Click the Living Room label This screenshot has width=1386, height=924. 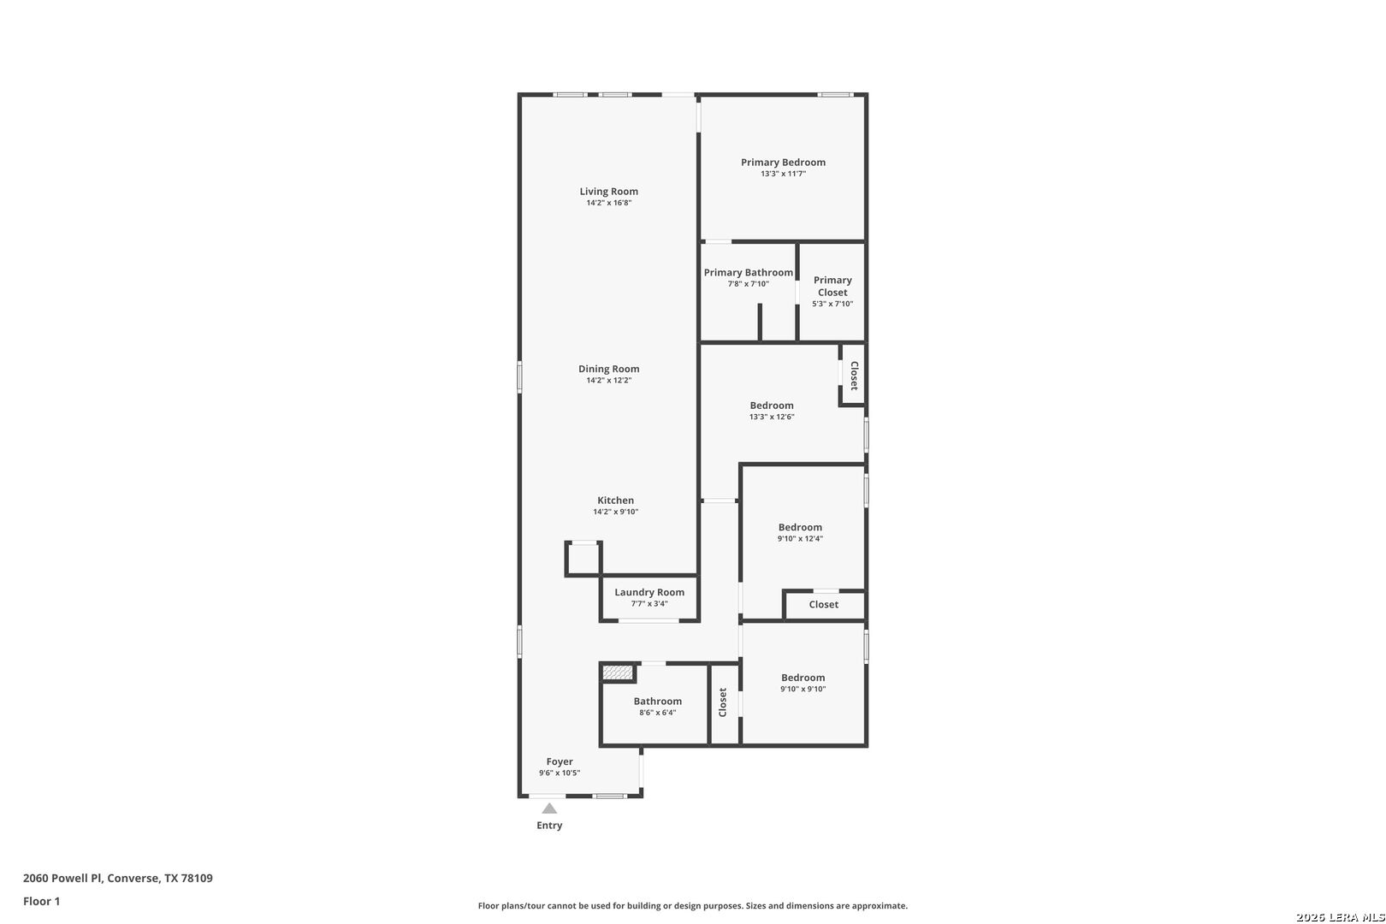tap(608, 192)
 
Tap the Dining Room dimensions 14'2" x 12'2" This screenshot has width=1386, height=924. tap(608, 381)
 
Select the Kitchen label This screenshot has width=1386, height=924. tap(615, 500)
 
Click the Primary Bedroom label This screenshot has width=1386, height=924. tap(783, 163)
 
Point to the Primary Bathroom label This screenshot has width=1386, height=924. tap(748, 273)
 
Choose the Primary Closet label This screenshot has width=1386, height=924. tap(832, 286)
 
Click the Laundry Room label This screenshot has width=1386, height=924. tap(649, 592)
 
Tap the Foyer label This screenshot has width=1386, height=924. tap(560, 761)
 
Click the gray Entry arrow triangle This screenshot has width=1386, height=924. tap(549, 808)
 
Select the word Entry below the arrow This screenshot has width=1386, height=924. tap(549, 826)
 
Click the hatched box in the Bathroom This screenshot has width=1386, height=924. tap(618, 673)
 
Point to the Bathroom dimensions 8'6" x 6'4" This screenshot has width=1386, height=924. tap(657, 713)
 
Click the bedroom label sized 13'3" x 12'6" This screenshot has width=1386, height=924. tap(772, 406)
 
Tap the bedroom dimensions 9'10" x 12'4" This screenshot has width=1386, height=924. tap(800, 539)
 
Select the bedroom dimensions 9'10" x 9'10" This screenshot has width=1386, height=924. tap(803, 689)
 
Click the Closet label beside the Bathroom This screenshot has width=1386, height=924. tap(723, 702)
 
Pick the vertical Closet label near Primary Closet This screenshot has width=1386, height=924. tap(853, 376)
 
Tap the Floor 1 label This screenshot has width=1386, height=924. tap(41, 901)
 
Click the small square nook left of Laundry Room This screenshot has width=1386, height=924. tap(584, 560)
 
